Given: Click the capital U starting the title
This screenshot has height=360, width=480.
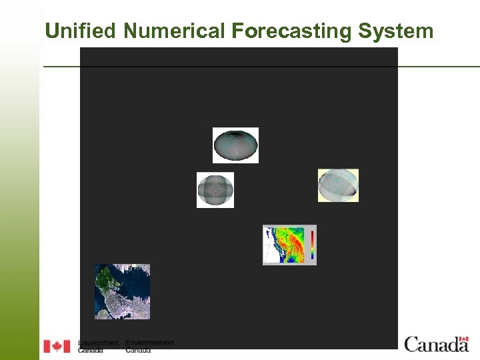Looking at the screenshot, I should pyautogui.click(x=51, y=31).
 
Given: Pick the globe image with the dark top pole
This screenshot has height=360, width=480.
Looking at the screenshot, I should pyautogui.click(x=235, y=145).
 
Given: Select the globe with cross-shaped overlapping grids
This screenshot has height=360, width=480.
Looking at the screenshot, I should pyautogui.click(x=215, y=190).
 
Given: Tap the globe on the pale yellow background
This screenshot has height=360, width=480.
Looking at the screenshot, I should pyautogui.click(x=338, y=185).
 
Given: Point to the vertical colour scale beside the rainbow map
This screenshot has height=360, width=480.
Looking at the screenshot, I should pyautogui.click(x=312, y=245).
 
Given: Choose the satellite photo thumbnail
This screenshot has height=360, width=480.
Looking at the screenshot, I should pyautogui.click(x=122, y=291).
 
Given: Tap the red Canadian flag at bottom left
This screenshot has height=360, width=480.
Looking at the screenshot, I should pyautogui.click(x=57, y=346).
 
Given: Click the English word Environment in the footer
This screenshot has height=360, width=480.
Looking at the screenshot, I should pyautogui.click(x=98, y=343).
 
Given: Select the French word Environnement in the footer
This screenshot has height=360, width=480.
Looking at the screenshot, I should pyautogui.click(x=149, y=343).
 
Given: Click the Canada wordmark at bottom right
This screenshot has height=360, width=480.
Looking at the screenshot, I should pyautogui.click(x=436, y=345).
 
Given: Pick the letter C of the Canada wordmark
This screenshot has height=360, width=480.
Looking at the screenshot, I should pyautogui.click(x=411, y=345).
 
